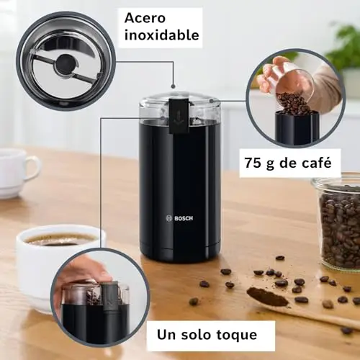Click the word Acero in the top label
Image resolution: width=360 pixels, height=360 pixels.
(145, 18)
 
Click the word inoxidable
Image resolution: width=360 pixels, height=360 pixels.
(162, 35)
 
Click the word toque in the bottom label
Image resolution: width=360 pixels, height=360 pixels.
(237, 335)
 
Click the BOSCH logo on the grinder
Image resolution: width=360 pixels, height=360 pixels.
(179, 218)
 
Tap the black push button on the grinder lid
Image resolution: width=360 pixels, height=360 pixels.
(179, 115)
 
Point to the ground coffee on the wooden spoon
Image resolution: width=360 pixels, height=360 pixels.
(268, 297)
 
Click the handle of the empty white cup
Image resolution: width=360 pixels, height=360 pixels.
(32, 167)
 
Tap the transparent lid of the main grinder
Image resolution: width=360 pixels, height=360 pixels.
(179, 107)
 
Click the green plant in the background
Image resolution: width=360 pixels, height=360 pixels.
(346, 45)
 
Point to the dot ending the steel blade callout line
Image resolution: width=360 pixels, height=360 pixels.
(173, 86)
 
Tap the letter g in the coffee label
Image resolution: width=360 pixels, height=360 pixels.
(270, 165)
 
